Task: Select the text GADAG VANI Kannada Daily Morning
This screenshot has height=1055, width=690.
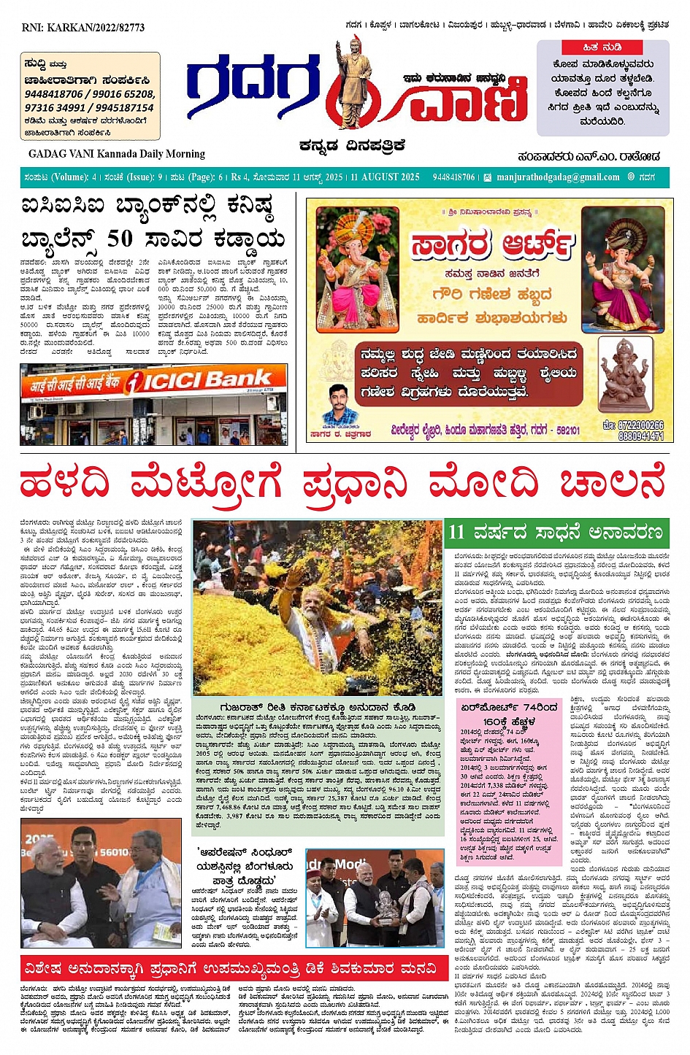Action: click(x=117, y=154)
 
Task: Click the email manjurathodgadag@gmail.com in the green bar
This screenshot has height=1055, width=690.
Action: click(x=558, y=177)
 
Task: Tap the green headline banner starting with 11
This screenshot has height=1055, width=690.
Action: click(x=556, y=531)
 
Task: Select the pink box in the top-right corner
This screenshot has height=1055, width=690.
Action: click(x=602, y=88)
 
